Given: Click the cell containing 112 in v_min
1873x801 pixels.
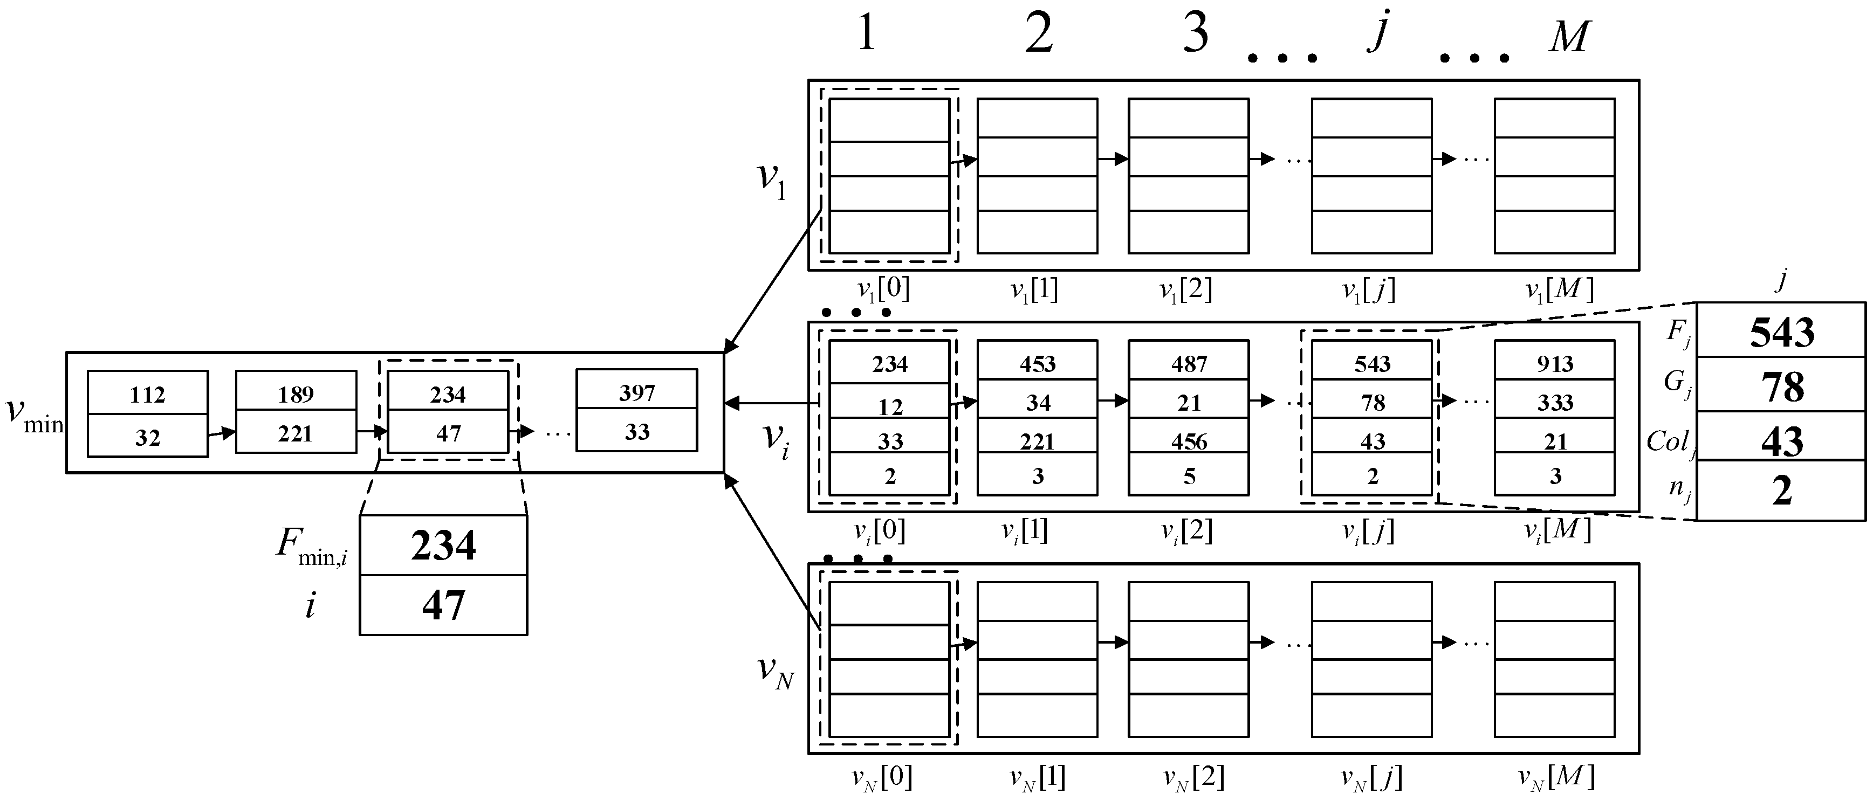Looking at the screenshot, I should (x=148, y=395).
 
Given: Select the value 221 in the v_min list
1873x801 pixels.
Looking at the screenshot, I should (x=295, y=434).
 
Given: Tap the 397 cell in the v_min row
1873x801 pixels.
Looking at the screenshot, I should (x=637, y=392).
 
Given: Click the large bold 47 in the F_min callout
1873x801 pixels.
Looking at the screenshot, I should (x=443, y=605).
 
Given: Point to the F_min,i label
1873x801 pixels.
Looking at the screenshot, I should (x=312, y=545).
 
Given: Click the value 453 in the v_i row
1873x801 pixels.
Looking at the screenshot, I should (x=1038, y=363).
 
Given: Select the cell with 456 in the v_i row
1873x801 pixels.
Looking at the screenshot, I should (x=1189, y=441).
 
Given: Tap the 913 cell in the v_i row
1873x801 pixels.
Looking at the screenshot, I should (x=1555, y=363).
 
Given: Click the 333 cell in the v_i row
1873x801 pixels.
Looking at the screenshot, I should (x=1555, y=403).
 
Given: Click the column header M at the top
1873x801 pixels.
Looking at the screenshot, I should (x=1569, y=36).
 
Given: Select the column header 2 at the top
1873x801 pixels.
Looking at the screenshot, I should (x=1039, y=34).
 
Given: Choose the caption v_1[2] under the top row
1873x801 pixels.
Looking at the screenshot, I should (x=1186, y=291).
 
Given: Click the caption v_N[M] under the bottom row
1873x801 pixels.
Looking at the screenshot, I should (x=1557, y=778).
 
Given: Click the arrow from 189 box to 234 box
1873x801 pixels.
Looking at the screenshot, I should (x=372, y=432).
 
